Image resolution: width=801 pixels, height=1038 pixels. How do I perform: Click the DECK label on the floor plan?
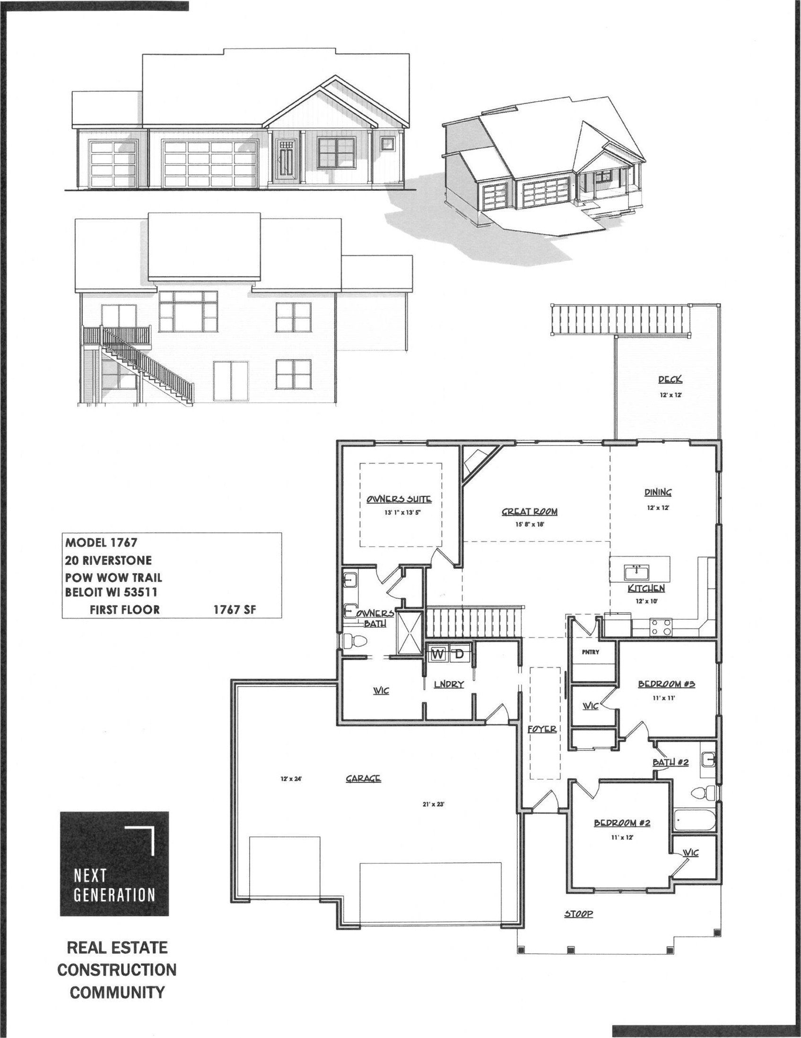(x=670, y=379)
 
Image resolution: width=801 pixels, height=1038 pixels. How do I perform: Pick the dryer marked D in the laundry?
(x=459, y=654)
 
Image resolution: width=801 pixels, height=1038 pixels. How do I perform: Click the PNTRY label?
(x=590, y=652)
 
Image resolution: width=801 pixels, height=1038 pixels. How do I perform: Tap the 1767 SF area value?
(x=235, y=610)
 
